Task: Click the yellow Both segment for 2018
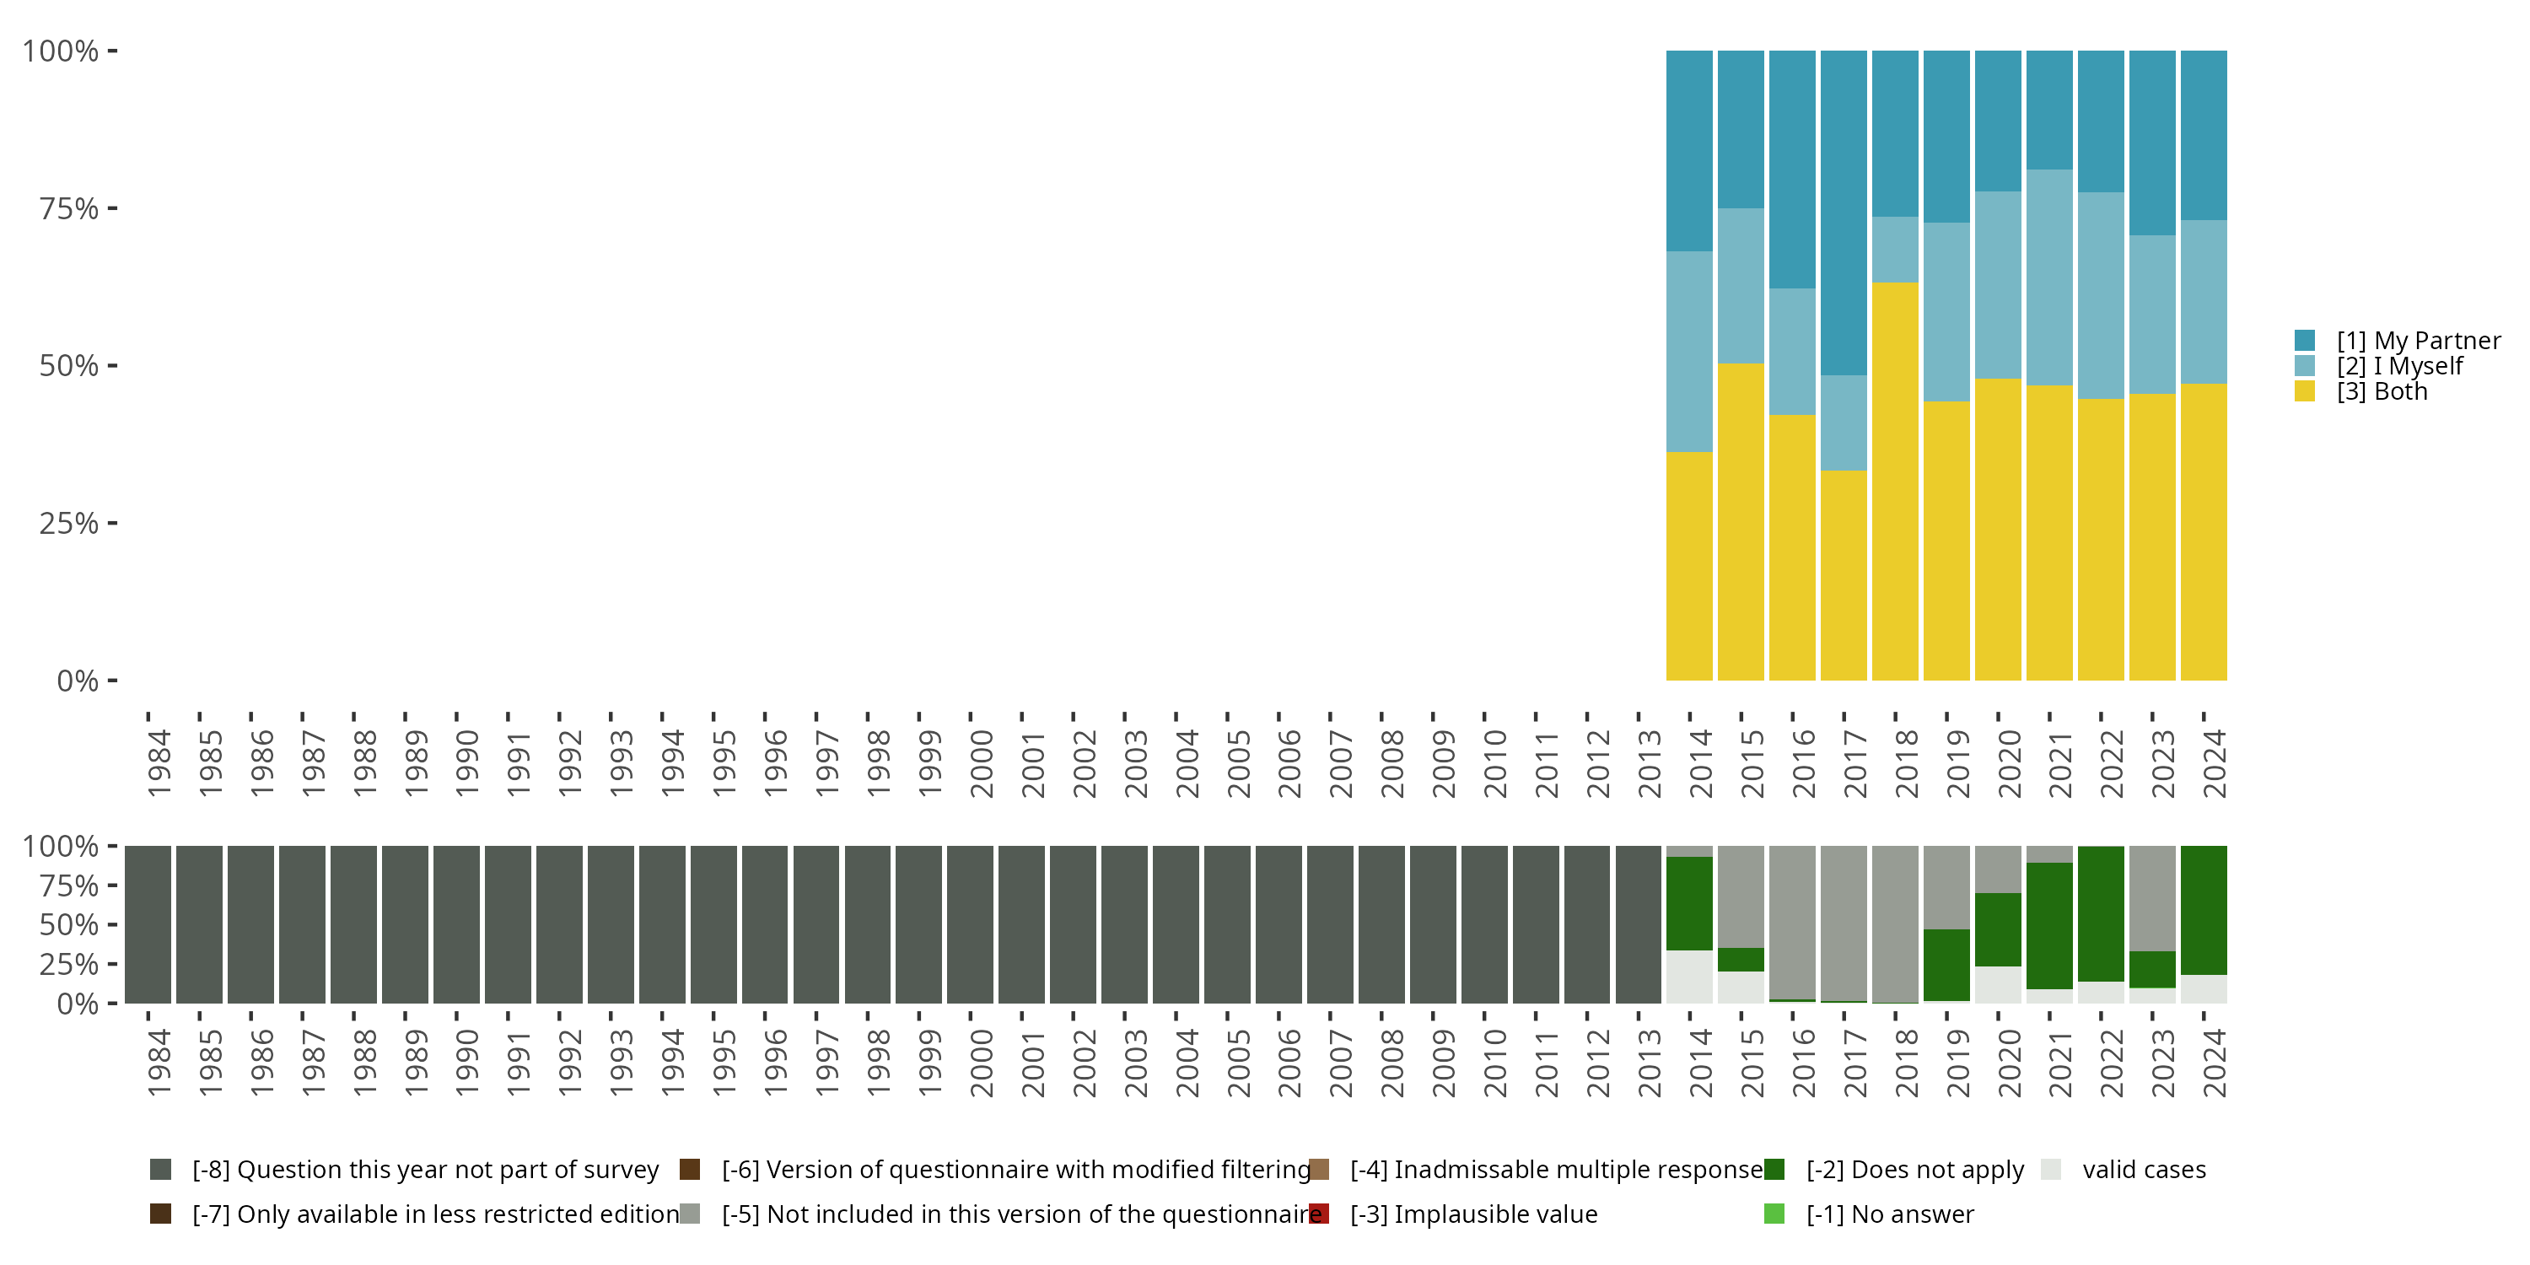pyautogui.click(x=1895, y=482)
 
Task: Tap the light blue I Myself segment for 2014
pyautogui.click(x=1689, y=352)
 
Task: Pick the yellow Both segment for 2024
pyautogui.click(x=2203, y=531)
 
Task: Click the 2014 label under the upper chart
pyautogui.click(x=1700, y=764)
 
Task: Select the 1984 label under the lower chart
pyautogui.click(x=159, y=1063)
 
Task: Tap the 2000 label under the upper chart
pyautogui.click(x=981, y=764)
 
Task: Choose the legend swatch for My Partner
pyautogui.click(x=2304, y=341)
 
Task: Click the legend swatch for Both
pyautogui.click(x=2304, y=392)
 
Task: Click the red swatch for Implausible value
pyautogui.click(x=1319, y=1214)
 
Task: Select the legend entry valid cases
pyautogui.click(x=2143, y=1170)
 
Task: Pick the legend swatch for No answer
pyautogui.click(x=1774, y=1214)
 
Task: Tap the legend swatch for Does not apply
pyautogui.click(x=1774, y=1170)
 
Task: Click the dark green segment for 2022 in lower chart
pyautogui.click(x=2101, y=913)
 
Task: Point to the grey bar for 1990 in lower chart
pyautogui.click(x=457, y=924)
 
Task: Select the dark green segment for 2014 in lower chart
pyautogui.click(x=1689, y=903)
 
